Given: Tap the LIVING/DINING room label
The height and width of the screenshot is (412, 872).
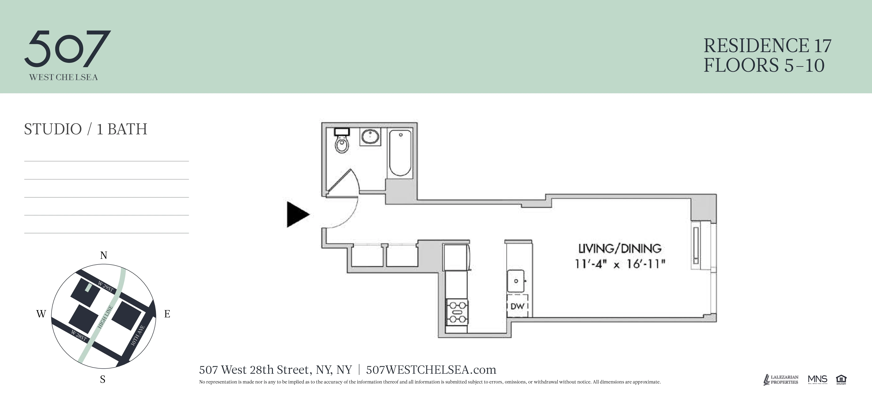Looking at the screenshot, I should [620, 249].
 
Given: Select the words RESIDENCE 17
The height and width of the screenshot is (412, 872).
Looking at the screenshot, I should [767, 46].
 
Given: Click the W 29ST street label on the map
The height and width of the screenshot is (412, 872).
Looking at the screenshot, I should [105, 286].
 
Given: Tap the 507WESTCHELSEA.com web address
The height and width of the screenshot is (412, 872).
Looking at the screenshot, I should [431, 370].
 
